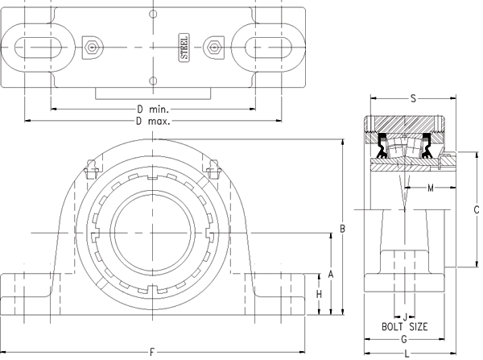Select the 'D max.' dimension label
pos(152,121)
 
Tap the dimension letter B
pos(342,229)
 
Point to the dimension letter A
pos(330,274)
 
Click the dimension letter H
pos(319,295)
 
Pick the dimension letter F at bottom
pos(152,351)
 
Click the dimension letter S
pos(412,99)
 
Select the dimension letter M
pos(430,189)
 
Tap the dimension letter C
pos(477,209)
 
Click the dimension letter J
pos(405,316)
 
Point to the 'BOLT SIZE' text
pos(404,327)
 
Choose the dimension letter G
pos(405,340)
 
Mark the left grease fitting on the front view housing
pos(92,172)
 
